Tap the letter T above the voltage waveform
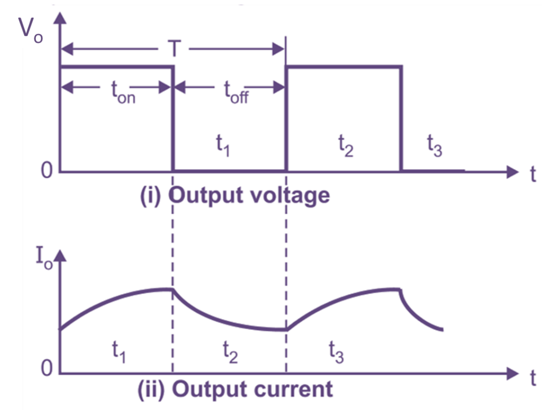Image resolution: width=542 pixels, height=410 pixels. tap(173, 49)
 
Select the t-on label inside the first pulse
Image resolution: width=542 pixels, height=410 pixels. tap(123, 93)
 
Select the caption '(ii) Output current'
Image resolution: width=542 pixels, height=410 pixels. tap(235, 389)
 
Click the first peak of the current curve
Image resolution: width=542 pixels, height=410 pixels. tap(172, 288)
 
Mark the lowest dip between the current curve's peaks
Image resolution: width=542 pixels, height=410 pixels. tap(285, 330)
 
